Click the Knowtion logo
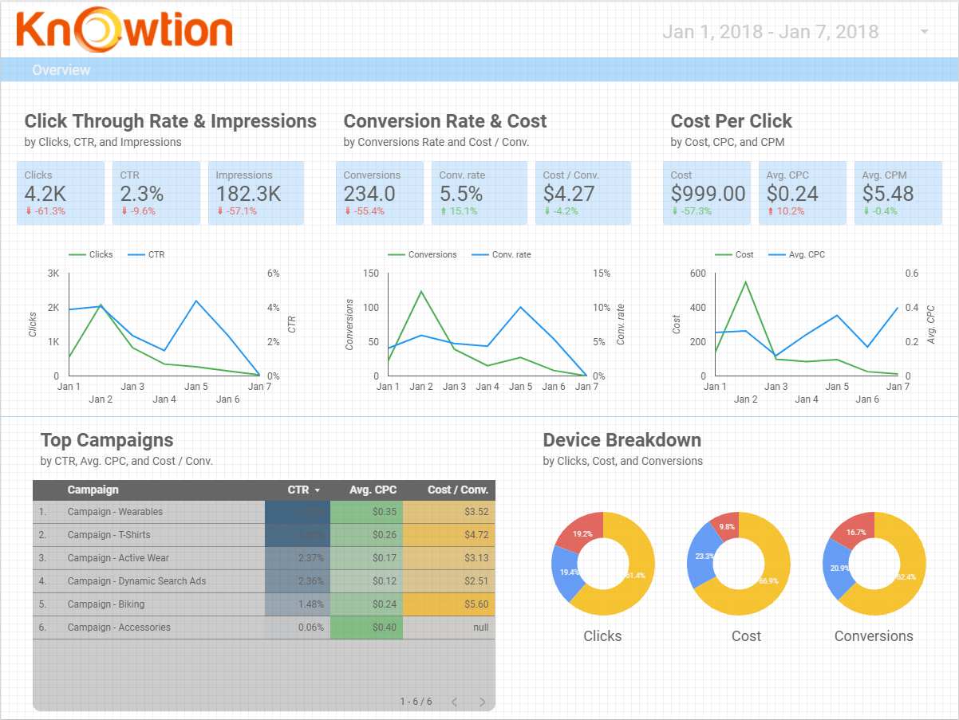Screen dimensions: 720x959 point(124,30)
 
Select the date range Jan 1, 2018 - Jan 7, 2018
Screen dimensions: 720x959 point(770,32)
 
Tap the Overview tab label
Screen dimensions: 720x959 point(61,70)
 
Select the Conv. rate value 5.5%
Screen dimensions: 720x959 point(461,194)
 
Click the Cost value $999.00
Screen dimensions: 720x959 point(708,194)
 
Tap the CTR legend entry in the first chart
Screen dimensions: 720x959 point(156,254)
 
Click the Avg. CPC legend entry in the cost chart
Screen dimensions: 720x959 point(807,254)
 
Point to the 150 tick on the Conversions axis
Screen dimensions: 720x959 point(370,273)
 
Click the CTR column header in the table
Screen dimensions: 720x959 point(298,490)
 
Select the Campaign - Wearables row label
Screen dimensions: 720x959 point(115,512)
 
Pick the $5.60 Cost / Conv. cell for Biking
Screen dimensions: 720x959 point(476,604)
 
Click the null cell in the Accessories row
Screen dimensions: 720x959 point(480,628)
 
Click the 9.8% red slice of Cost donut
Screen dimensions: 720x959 point(725,527)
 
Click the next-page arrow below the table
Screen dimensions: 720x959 point(482,702)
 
